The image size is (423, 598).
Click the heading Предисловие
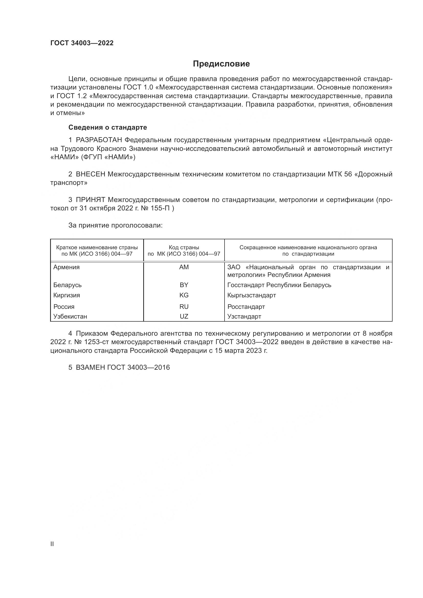[x=221, y=64]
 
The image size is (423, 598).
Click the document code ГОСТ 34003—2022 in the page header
[x=82, y=43]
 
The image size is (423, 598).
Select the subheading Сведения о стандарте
[x=108, y=127]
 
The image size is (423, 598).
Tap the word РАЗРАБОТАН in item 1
[x=99, y=140]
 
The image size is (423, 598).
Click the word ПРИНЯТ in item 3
[x=90, y=200]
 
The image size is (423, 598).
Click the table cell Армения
[x=66, y=267]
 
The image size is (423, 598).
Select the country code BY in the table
[x=184, y=285]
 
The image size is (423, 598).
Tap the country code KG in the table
[x=184, y=295]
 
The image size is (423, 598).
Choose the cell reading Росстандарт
[x=246, y=307]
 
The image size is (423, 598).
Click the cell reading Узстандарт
[x=244, y=317]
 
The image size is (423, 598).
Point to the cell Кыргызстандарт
[x=251, y=295]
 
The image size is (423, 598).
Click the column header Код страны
[x=184, y=247]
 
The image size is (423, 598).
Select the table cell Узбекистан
[x=70, y=317]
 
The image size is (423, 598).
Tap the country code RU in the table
[x=184, y=307]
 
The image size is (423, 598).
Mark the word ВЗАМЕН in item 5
[x=90, y=367]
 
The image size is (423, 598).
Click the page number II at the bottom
[x=52, y=544]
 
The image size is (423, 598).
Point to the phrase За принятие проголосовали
[x=115, y=225]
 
